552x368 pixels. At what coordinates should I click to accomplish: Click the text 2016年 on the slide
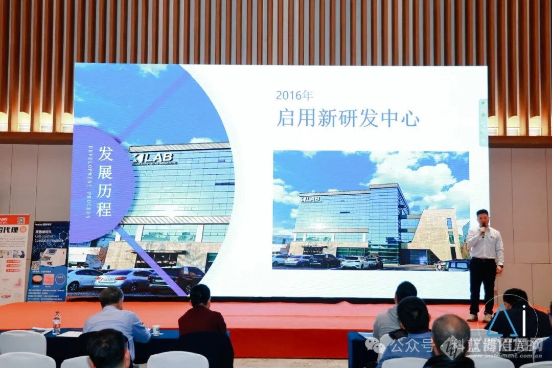tap(294, 95)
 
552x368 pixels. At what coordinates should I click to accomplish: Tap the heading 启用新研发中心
tap(348, 118)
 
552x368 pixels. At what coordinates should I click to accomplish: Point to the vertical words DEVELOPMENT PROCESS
tap(90, 181)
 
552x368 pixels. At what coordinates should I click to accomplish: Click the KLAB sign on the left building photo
tap(154, 158)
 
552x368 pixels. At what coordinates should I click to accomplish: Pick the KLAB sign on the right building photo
tap(311, 199)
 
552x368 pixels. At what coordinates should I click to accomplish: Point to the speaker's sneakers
tap(479, 317)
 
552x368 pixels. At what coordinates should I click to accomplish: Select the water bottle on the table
tap(56, 323)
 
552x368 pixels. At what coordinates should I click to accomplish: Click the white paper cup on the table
tap(156, 330)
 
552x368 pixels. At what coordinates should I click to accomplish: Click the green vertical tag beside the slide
tap(483, 123)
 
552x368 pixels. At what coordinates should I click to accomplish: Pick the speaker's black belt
tap(483, 259)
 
